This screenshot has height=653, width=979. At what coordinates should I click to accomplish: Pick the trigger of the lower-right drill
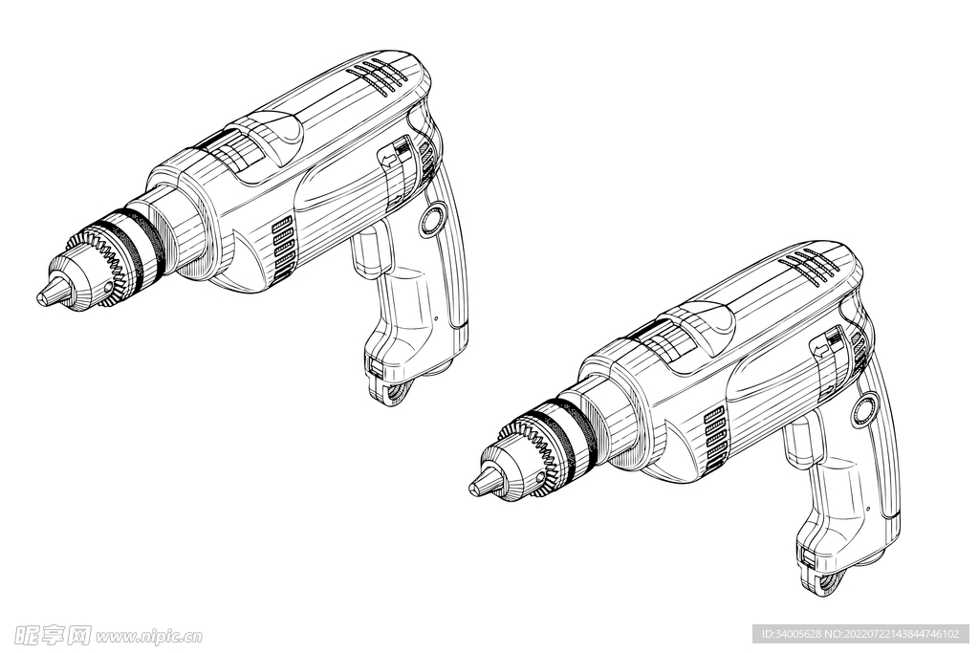[800, 441]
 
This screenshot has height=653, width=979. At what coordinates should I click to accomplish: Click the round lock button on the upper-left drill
[432, 219]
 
